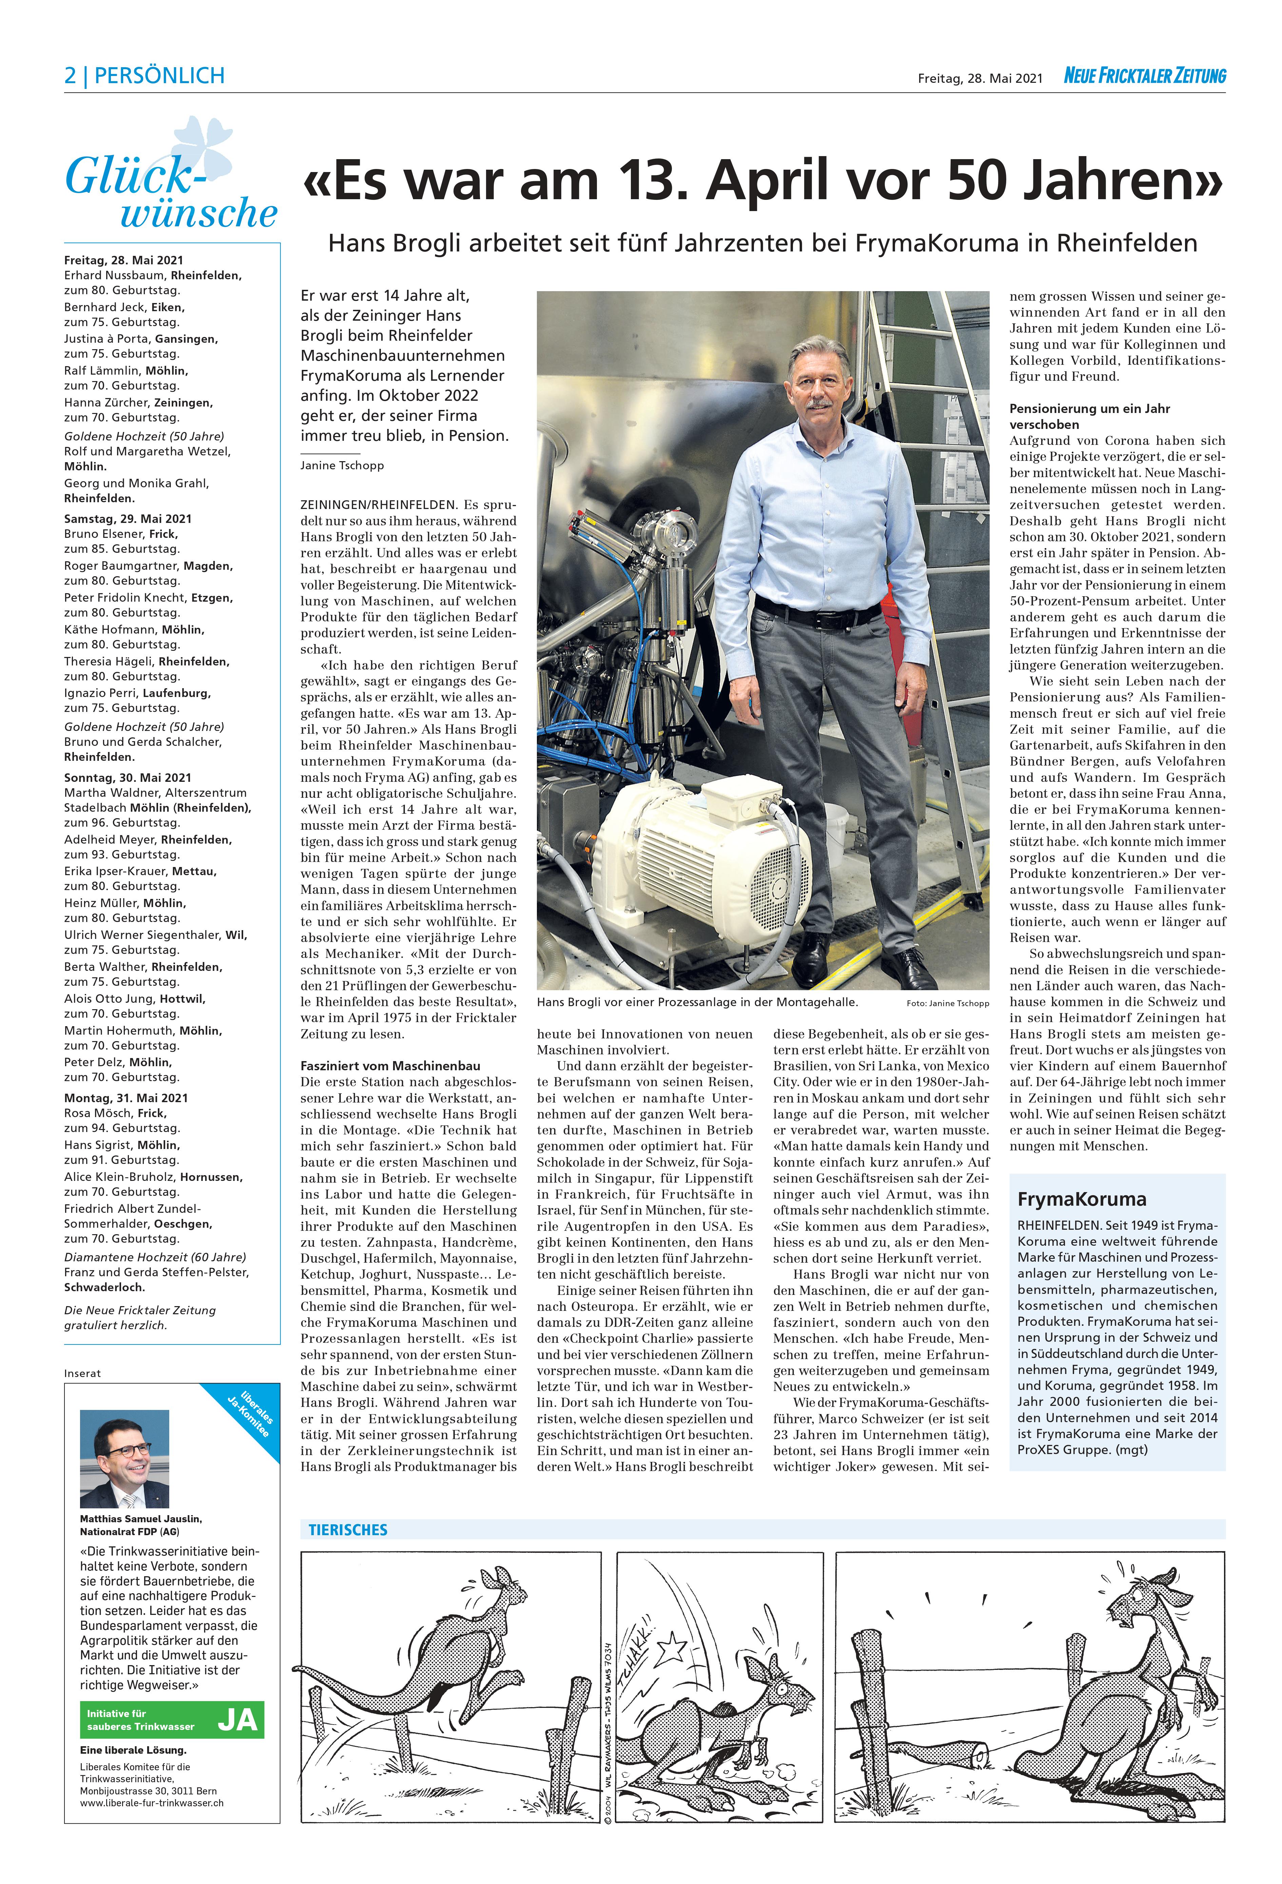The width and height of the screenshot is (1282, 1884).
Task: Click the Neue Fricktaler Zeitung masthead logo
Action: pyautogui.click(x=1144, y=76)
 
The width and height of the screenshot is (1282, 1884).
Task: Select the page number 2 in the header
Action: pyautogui.click(x=71, y=76)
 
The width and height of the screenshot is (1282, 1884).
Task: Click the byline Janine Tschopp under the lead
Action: pyautogui.click(x=342, y=465)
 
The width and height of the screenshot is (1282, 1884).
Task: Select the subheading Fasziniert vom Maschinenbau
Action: pyautogui.click(x=390, y=1065)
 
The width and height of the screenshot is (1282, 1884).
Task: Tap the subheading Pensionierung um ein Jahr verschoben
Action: pyautogui.click(x=1089, y=416)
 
